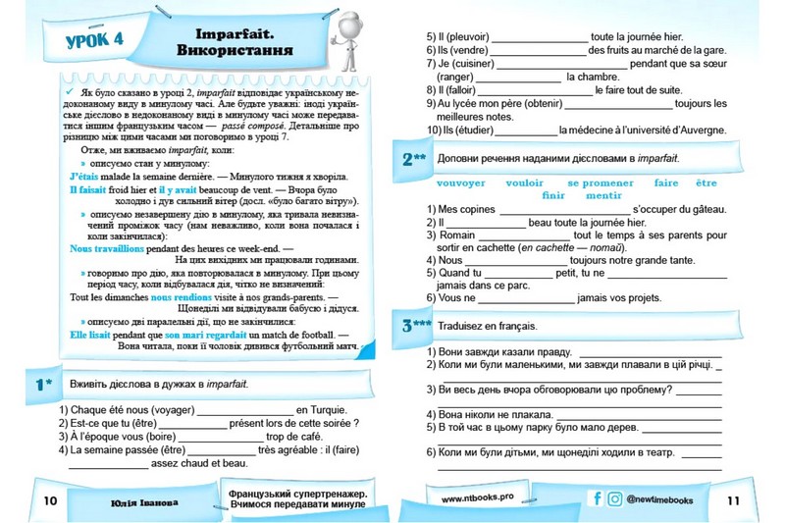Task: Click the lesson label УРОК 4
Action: (x=89, y=40)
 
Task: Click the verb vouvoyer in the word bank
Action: (x=459, y=183)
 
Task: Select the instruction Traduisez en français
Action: (x=496, y=324)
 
